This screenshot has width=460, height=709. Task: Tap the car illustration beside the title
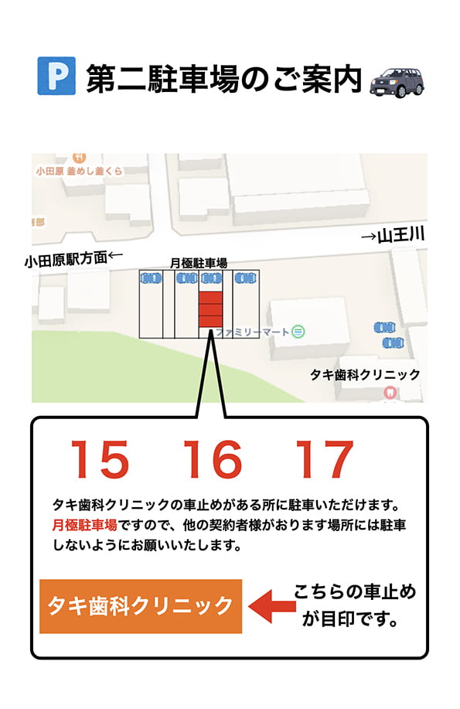pos(397,79)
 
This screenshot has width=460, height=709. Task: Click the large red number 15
pos(100,461)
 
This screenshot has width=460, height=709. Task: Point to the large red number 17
pos(325,461)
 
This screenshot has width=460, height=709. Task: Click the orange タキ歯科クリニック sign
pos(140,605)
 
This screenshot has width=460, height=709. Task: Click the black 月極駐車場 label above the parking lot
pos(199,264)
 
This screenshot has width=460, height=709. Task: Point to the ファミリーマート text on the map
pos(253,332)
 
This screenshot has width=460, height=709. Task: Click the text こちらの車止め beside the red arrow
pos(355,592)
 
